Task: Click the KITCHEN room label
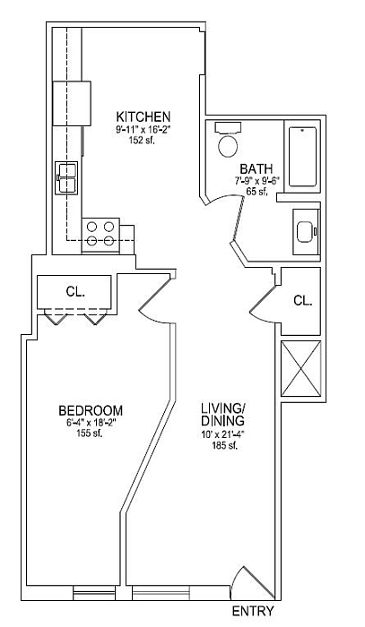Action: point(143,116)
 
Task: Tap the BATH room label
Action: point(256,168)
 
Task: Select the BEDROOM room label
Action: point(91,410)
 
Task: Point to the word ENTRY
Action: point(253,611)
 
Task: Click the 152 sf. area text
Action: point(143,140)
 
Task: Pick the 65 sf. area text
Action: point(256,191)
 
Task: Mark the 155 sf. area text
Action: point(90,433)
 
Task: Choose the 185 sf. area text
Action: point(225,446)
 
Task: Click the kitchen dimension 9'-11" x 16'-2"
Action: point(143,130)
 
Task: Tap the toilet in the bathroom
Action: point(228,140)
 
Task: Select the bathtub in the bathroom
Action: point(302,157)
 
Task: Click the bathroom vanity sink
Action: point(307,232)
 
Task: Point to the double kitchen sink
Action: point(67,178)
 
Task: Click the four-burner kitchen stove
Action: point(100,235)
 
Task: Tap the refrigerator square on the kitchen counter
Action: point(72,104)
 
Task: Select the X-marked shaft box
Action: point(301,368)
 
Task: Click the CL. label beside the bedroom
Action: point(75,292)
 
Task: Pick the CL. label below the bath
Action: point(303,301)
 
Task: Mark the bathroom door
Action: point(238,219)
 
